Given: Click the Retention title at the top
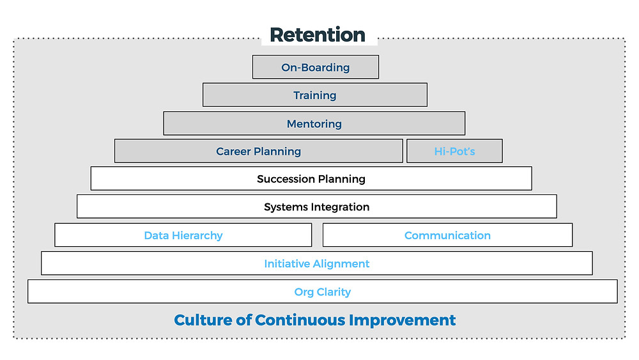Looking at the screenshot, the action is coord(318,35).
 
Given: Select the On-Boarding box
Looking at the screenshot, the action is coord(316,67).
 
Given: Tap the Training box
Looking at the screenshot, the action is coord(315,95).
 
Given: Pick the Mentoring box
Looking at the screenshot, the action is coord(314,123).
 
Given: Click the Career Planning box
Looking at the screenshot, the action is coord(259,151).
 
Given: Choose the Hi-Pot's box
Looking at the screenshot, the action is coord(454,151).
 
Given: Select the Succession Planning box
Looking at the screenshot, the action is coord(311,178).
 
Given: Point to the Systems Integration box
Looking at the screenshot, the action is coord(317,207).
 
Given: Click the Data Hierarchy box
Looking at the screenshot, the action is coord(183,235).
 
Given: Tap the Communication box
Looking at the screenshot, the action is coord(447,235).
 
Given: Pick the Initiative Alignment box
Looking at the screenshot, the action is coord(317,263).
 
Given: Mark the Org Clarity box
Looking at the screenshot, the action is coord(322,292).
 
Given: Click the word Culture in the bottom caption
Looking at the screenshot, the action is coord(203,320).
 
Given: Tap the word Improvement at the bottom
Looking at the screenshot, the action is coord(402,320).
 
